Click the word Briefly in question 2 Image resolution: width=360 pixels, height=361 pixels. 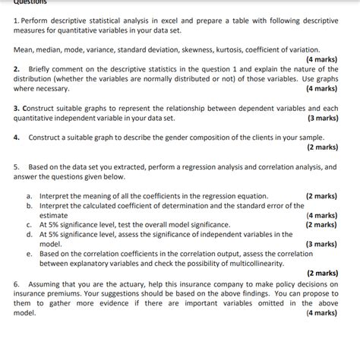click(40, 68)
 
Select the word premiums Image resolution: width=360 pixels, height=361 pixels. click(63, 293)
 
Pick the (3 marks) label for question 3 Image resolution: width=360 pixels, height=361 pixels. click(323, 118)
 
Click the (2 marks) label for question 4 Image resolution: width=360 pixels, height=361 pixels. click(323, 147)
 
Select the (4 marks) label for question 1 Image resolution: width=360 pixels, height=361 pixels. click(323, 59)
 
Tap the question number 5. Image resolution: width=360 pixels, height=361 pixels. click(17, 166)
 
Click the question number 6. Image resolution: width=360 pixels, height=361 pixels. click(17, 283)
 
